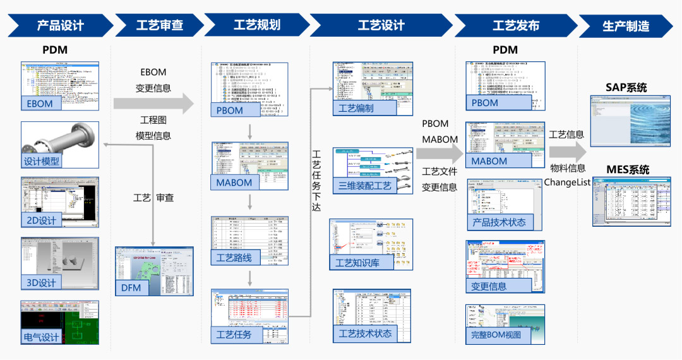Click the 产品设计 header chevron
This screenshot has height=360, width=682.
point(60,26)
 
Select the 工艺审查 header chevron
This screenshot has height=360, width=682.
point(159,26)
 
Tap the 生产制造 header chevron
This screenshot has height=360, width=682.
point(625,26)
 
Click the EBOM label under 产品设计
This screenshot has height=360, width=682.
point(39,104)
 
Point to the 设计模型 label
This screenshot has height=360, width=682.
point(42,161)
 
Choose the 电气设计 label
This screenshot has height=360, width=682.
point(42,337)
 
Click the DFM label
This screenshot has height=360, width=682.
point(131,288)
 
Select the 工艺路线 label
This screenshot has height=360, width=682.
point(234,258)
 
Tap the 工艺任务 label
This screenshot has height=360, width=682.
point(234,334)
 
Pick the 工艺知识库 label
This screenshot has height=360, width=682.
point(357,263)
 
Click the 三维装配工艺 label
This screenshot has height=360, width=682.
point(365,185)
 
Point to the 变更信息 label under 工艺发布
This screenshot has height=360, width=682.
point(489,286)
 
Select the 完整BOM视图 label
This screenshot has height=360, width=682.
point(496,335)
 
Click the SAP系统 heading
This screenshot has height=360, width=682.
point(626,87)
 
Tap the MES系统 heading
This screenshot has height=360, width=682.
point(627,170)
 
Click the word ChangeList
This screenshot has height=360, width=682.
point(567,183)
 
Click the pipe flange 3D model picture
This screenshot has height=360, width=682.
point(60,137)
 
